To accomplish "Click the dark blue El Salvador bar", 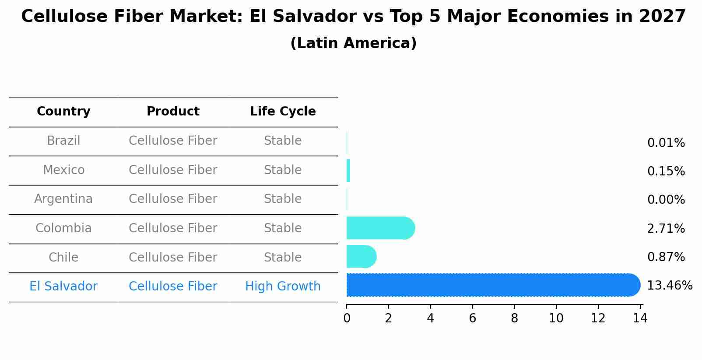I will click(492, 285).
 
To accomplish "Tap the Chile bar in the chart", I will click(361, 256).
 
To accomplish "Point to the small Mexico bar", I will click(348, 171).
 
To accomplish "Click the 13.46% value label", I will click(669, 286).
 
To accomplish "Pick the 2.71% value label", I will click(666, 228).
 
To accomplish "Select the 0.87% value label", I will click(666, 257).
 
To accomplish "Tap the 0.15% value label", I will click(666, 171).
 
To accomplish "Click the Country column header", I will click(63, 112).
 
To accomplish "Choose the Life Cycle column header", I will click(283, 112).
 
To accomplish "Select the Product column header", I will click(173, 112).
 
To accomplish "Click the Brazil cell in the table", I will click(63, 141).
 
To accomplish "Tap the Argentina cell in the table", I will click(63, 199).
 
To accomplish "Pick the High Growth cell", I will click(283, 287).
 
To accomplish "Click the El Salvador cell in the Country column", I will click(63, 287).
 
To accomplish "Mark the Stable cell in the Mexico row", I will click(283, 170).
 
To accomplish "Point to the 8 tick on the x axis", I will click(514, 318).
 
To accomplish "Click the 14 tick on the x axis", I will click(640, 318).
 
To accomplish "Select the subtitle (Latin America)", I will click(353, 43).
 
